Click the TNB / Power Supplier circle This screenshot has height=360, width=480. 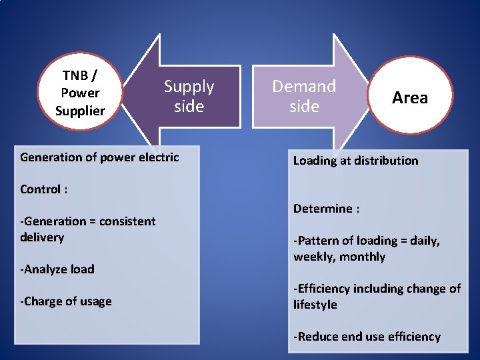(x=80, y=92)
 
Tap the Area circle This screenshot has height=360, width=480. (x=410, y=97)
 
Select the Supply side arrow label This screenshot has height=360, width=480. (x=189, y=96)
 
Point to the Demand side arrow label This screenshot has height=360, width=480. (x=304, y=96)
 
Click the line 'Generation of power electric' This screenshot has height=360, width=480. (x=99, y=157)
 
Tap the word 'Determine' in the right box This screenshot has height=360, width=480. (x=323, y=209)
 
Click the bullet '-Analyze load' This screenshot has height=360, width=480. (x=57, y=269)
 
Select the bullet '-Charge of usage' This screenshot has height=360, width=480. (x=65, y=301)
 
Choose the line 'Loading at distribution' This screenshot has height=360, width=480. (x=355, y=161)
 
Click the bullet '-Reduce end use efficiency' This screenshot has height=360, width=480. (x=367, y=337)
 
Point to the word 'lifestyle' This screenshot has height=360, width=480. (x=315, y=305)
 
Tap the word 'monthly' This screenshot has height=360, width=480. (x=362, y=257)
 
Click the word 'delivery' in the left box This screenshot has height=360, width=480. (x=42, y=237)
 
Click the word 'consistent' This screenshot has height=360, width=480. (x=127, y=221)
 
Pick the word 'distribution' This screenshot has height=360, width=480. (x=385, y=161)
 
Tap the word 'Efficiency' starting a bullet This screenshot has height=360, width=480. (x=325, y=289)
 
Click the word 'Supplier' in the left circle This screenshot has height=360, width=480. (x=80, y=111)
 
